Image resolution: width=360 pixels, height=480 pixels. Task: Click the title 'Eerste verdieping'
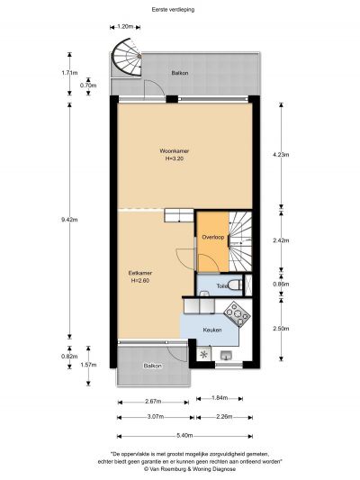tap(173, 10)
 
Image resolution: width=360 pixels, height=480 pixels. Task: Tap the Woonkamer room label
tap(175, 151)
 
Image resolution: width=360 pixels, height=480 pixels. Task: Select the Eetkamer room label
tap(140, 273)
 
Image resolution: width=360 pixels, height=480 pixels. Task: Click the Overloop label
tap(213, 237)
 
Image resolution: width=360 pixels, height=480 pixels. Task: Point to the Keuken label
tap(212, 330)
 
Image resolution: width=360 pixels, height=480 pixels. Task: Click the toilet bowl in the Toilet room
tap(235, 285)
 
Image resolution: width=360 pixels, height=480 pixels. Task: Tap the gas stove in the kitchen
tap(237, 313)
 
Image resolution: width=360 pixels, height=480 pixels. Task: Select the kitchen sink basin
tap(226, 355)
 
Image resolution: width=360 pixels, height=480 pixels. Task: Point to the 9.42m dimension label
tap(69, 220)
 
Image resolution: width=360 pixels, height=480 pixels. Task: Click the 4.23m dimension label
tap(281, 155)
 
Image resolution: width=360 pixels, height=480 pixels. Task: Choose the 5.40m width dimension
tap(184, 436)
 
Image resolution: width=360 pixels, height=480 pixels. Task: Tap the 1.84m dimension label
tap(220, 398)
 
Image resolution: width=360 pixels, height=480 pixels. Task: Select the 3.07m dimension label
tap(156, 417)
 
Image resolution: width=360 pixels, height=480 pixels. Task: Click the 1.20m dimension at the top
tap(125, 27)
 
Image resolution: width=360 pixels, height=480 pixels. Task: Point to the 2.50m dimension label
tap(281, 329)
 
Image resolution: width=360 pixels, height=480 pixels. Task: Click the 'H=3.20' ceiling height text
tap(175, 158)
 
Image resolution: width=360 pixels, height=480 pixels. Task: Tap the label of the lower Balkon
tap(153, 366)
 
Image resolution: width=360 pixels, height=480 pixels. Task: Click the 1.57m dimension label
tap(88, 365)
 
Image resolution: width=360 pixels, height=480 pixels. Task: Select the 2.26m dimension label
tap(224, 417)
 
